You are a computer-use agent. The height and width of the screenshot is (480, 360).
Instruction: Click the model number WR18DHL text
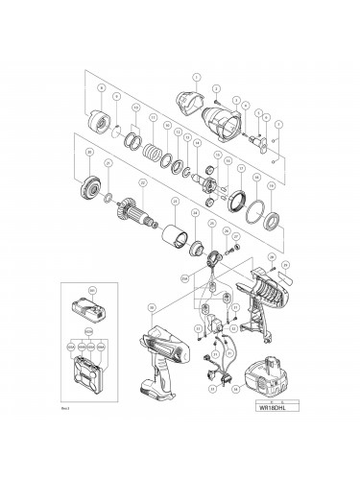point(272,405)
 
